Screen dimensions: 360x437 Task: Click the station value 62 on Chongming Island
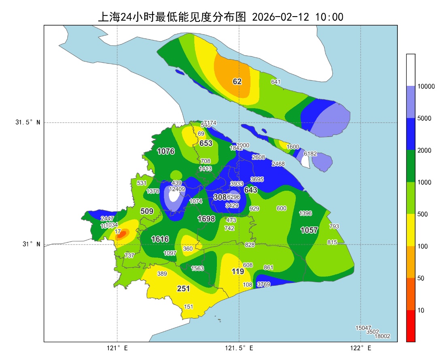[x=237, y=81]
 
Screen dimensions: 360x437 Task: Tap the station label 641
[x=276, y=82]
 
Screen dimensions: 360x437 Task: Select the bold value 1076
[x=166, y=151]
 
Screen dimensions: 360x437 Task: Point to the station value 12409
[x=177, y=189]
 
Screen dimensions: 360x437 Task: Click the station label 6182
[x=310, y=153]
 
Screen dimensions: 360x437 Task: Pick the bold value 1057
[x=309, y=230]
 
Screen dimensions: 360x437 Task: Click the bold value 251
[x=183, y=288]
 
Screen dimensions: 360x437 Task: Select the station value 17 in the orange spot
[x=118, y=232]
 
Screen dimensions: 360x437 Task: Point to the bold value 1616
[x=160, y=239]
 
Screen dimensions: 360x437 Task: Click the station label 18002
[x=382, y=336]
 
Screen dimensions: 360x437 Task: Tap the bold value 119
[x=238, y=271]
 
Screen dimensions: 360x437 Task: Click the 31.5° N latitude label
[x=28, y=123]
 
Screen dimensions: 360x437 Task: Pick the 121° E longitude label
[x=117, y=348]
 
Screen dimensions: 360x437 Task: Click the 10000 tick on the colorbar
[x=426, y=86]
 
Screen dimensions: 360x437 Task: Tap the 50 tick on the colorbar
[x=421, y=278]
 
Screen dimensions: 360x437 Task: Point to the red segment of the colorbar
[x=411, y=326]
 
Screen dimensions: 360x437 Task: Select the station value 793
[x=334, y=226]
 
